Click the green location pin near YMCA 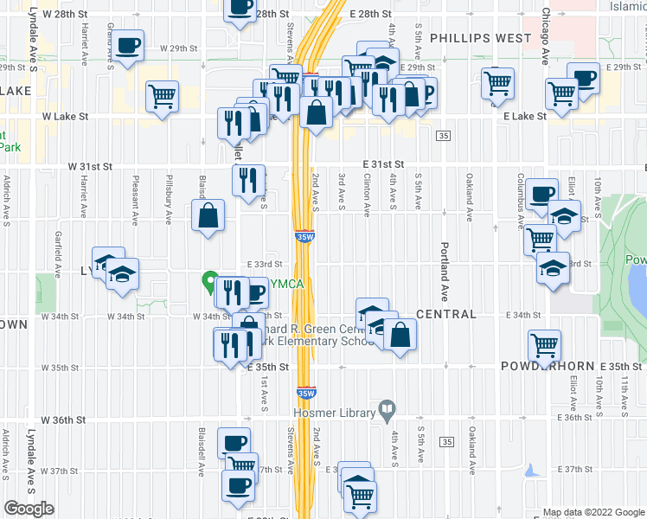coord(209,282)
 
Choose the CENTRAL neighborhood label coord(446,314)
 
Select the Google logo coord(29,508)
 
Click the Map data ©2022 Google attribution coord(593,512)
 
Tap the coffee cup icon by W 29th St coord(128,45)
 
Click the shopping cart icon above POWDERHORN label coord(545,345)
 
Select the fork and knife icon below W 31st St coord(248,180)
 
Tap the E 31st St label coord(384,163)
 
